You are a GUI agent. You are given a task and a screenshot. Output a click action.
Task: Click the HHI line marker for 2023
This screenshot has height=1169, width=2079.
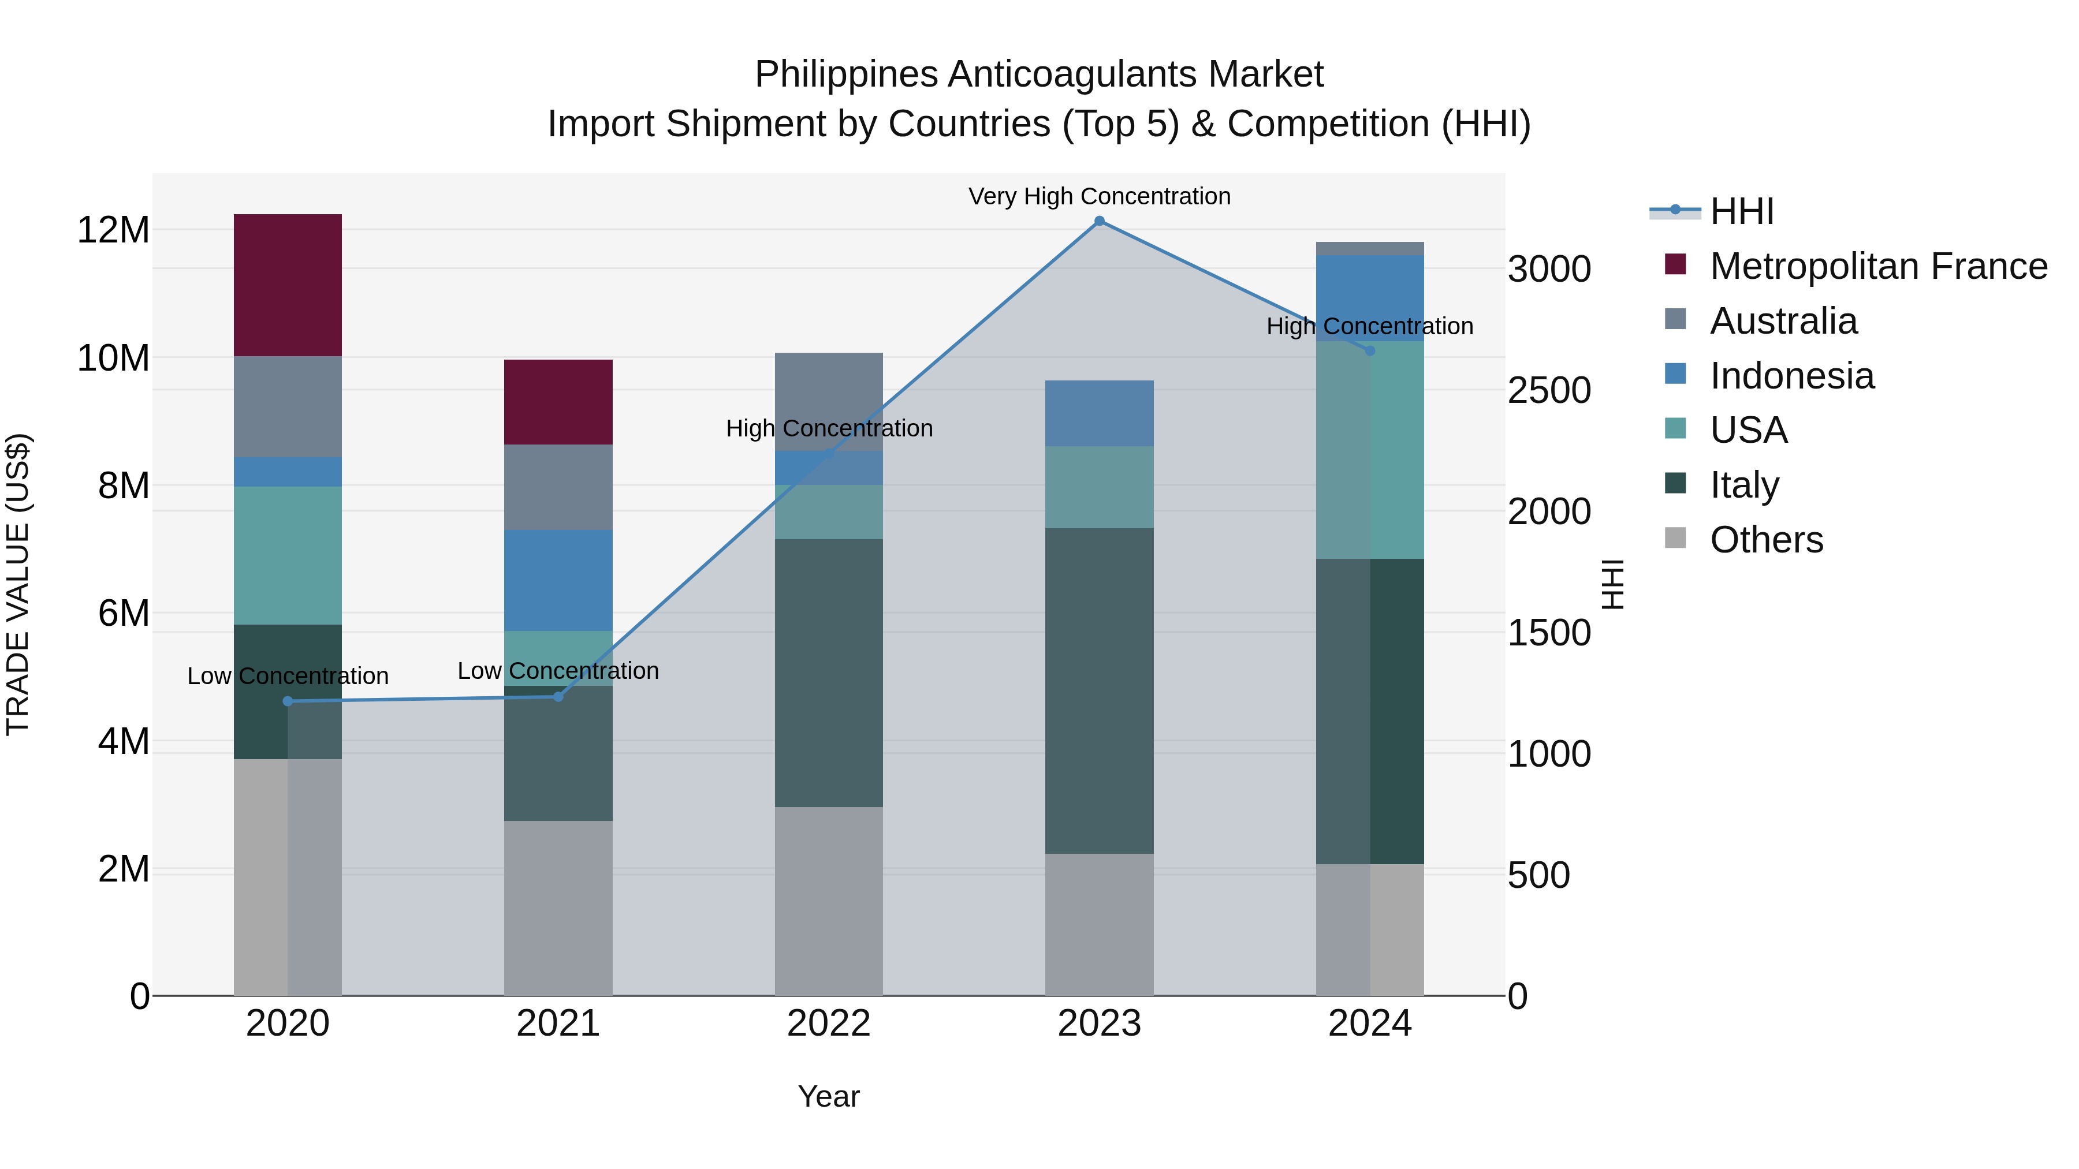(1098, 221)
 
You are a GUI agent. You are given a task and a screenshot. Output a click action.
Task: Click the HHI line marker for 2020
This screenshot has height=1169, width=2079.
(288, 701)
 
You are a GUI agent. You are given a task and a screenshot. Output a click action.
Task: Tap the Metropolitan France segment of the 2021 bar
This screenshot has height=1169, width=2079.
(558, 402)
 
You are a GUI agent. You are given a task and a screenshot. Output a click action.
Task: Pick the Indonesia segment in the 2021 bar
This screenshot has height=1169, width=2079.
(558, 580)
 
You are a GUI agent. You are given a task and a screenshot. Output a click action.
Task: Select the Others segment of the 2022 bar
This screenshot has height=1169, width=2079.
(829, 901)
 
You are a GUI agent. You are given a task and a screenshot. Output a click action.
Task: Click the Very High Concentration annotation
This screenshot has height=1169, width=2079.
(1098, 196)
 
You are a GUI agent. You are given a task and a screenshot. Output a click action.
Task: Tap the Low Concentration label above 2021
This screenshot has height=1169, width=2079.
(558, 670)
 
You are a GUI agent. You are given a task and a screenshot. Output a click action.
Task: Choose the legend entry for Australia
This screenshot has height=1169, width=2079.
(1784, 321)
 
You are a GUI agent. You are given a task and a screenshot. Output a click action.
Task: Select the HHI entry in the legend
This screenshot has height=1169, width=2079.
(1742, 211)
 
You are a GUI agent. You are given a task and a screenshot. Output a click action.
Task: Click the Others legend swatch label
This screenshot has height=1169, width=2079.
(1766, 540)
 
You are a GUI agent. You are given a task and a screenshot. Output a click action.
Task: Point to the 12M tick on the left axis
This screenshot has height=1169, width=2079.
(113, 230)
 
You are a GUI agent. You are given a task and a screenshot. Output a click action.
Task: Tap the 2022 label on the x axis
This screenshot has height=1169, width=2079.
(829, 1024)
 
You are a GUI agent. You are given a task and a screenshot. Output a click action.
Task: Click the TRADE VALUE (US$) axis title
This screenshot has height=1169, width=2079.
(18, 584)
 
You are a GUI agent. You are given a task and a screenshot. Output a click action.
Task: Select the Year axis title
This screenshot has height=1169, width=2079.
(829, 1096)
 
